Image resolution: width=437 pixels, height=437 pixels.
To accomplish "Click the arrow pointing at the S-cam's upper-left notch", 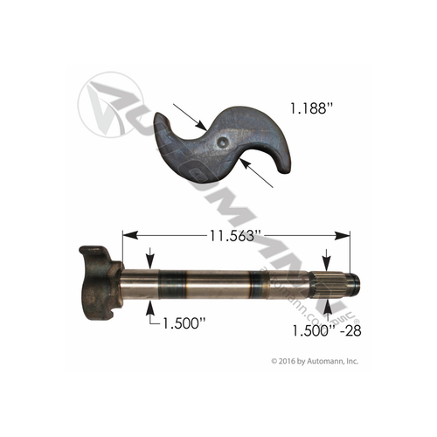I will (x=194, y=118).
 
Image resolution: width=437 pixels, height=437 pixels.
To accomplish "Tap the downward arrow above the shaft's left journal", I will (x=152, y=261).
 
